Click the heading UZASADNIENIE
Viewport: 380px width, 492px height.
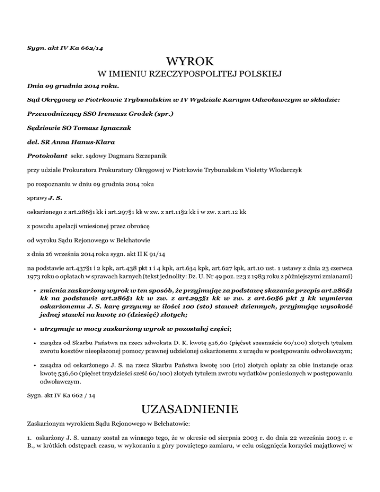190,409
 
